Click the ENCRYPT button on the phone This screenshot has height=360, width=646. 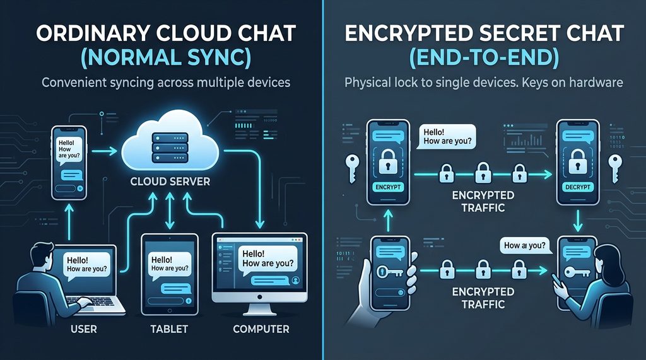[x=387, y=187]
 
